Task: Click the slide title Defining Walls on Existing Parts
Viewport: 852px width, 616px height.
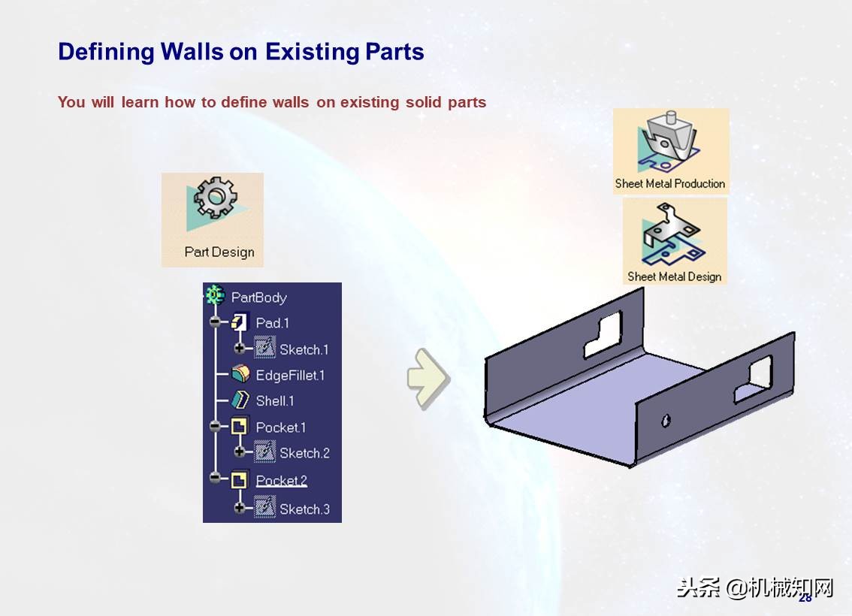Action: click(240, 52)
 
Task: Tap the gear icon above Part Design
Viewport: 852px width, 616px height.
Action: click(216, 197)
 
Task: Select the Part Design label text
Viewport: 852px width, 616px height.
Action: click(219, 252)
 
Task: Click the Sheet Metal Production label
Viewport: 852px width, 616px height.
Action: click(670, 183)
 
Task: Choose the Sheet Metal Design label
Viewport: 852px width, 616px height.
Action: click(674, 276)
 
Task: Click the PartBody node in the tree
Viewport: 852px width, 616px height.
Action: click(258, 297)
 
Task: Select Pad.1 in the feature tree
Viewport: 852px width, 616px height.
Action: click(272, 323)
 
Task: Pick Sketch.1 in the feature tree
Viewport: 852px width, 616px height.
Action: click(304, 349)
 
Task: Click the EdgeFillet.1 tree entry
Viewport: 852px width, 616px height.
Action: click(290, 375)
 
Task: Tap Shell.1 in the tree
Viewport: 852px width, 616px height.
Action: click(275, 401)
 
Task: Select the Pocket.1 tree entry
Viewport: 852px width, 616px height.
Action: click(280, 427)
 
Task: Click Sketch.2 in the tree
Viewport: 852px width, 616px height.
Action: click(304, 453)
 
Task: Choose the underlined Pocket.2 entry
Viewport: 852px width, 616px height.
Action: click(281, 481)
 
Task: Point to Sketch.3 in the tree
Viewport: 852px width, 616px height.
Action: click(304, 509)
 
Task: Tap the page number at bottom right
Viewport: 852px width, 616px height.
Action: click(805, 598)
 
